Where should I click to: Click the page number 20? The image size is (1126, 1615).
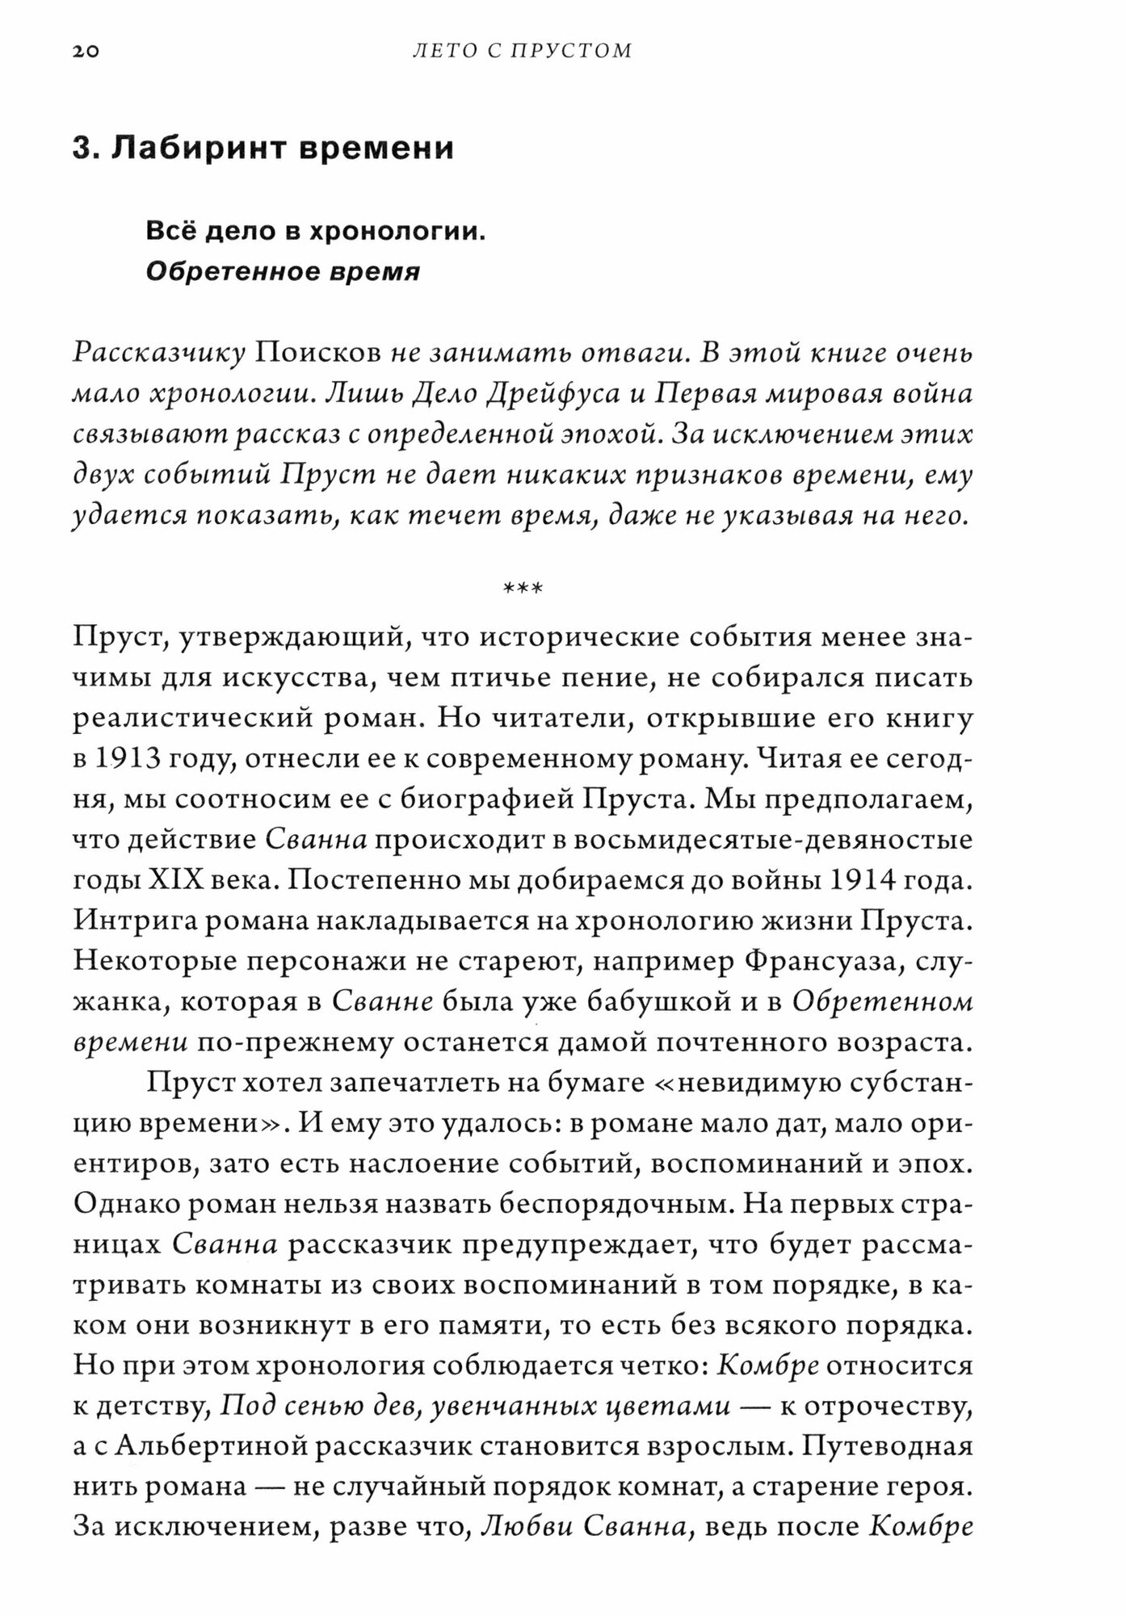85,52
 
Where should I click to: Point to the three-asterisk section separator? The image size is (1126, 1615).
523,588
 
